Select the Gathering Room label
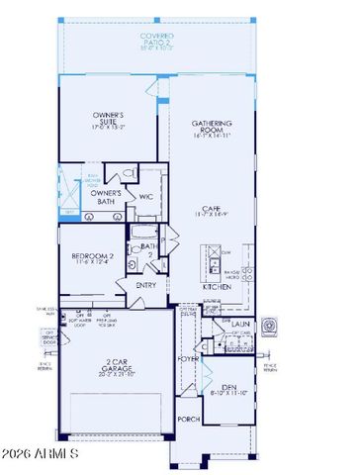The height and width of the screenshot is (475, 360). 211,129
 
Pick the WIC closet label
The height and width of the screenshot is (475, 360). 144,198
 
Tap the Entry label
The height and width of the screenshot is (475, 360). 146,286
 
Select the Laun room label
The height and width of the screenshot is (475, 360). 240,323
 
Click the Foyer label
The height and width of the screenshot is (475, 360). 188,359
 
